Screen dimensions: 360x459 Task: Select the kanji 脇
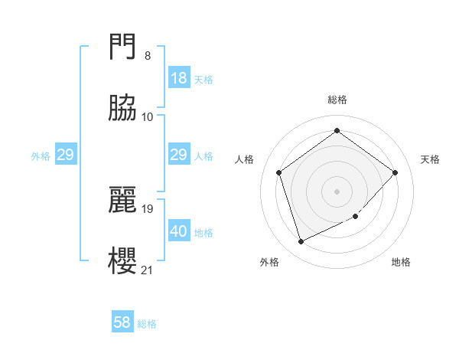[122, 108]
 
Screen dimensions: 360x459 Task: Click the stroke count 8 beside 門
[148, 56]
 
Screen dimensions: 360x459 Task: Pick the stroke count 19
[148, 208]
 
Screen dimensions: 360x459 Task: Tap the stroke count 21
[148, 269]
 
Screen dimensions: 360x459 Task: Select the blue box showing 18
[179, 78]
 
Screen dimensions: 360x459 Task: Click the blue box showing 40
[179, 231]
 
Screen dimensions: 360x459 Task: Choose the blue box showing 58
[122, 322]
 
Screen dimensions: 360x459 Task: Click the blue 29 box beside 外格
[65, 155]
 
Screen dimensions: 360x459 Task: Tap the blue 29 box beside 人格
[179, 155]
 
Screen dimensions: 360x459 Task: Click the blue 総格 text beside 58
[147, 324]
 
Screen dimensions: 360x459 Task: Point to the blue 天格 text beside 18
[203, 79]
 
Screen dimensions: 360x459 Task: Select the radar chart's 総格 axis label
[337, 100]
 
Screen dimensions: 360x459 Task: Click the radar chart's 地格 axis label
[401, 262]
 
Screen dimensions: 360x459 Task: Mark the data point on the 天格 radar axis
[395, 172]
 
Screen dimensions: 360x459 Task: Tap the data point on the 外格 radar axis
[301, 242]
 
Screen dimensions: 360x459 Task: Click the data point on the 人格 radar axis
[279, 172]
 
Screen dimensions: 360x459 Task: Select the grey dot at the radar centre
[337, 191]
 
